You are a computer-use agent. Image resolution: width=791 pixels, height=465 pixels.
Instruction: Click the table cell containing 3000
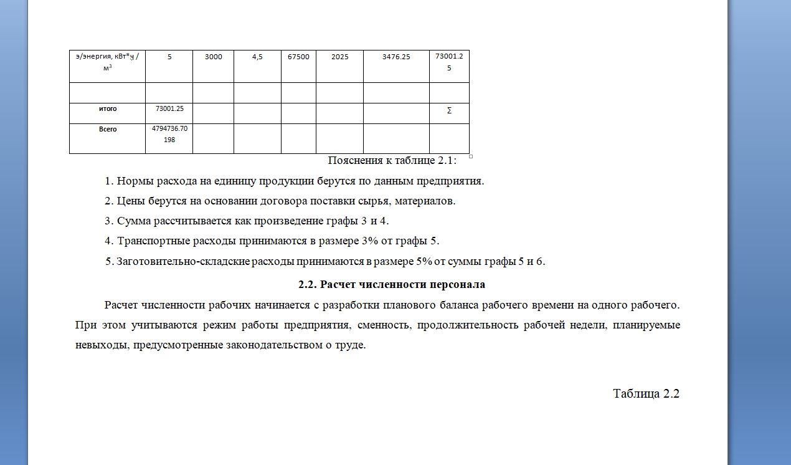214,57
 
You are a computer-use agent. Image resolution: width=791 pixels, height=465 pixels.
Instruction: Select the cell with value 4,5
257,57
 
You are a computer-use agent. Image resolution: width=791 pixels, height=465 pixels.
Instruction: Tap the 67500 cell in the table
298,57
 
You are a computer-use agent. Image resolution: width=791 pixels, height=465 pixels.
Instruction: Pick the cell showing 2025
339,57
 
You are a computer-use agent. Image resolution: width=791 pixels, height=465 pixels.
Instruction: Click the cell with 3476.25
396,57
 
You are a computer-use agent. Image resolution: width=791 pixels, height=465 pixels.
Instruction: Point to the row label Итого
108,108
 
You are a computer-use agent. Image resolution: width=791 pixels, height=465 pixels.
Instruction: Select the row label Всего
108,130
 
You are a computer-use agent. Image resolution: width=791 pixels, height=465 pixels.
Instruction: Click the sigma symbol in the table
449,111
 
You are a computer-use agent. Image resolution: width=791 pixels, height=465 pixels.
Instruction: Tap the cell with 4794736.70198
169,135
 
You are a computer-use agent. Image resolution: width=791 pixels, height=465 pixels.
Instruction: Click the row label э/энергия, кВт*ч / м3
107,61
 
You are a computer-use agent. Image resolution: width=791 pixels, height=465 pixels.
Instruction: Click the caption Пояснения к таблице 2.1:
392,161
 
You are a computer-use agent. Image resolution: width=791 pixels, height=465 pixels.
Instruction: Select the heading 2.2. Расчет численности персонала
392,285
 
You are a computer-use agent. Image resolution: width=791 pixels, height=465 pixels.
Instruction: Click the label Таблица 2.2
646,394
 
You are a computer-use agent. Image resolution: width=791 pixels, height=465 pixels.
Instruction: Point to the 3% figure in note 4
367,241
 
